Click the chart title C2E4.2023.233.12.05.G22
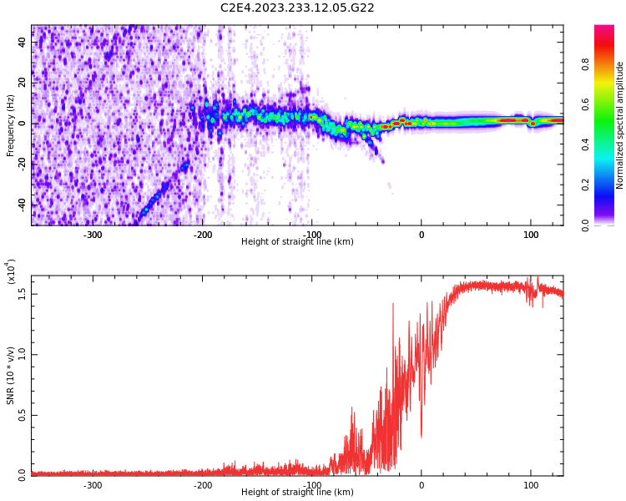[x=297, y=8]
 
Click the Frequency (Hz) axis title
[x=11, y=125]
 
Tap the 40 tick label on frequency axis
[x=23, y=43]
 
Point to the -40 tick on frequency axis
[x=23, y=205]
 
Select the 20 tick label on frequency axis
[x=23, y=83]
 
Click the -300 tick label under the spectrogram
[x=93, y=235]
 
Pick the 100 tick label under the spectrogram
[x=531, y=235]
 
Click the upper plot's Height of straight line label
[x=297, y=242]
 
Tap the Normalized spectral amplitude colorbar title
[x=620, y=125]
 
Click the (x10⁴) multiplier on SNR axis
[x=11, y=272]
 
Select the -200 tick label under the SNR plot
[x=202, y=485]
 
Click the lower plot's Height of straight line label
[x=297, y=493]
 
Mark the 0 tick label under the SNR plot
[x=421, y=485]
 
